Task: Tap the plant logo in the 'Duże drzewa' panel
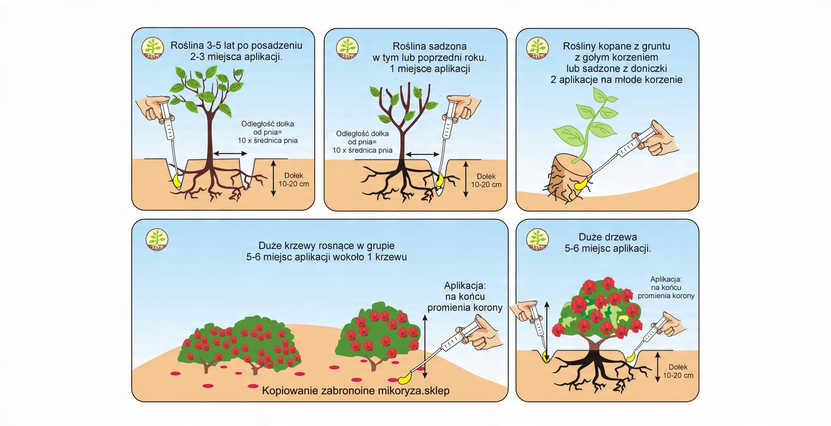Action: [x=537, y=240]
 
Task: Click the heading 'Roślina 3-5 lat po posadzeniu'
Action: [x=236, y=45]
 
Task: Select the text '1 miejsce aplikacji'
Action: [x=430, y=69]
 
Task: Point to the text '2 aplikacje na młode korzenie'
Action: [x=616, y=80]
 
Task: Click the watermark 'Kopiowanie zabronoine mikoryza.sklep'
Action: [x=355, y=391]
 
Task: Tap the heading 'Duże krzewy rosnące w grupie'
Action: [x=326, y=245]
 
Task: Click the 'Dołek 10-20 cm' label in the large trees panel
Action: [x=678, y=371]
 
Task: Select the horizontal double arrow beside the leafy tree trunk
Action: [x=230, y=153]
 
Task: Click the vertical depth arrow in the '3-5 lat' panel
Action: [x=273, y=178]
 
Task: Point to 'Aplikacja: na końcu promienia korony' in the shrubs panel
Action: [x=465, y=297]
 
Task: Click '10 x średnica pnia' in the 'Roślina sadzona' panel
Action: [x=362, y=150]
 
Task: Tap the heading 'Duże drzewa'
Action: [x=608, y=237]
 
